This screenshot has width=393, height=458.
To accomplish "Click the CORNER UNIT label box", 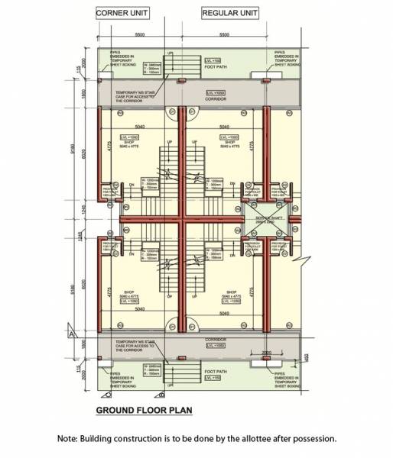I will pos(122,13).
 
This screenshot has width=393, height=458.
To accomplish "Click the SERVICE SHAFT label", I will pos(265,218).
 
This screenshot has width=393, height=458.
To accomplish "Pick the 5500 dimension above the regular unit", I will pos(224,36).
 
